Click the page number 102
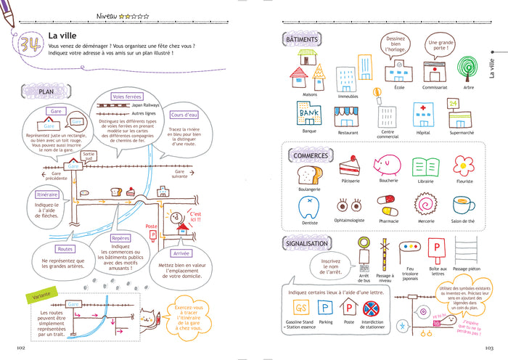click(x=20, y=348)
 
